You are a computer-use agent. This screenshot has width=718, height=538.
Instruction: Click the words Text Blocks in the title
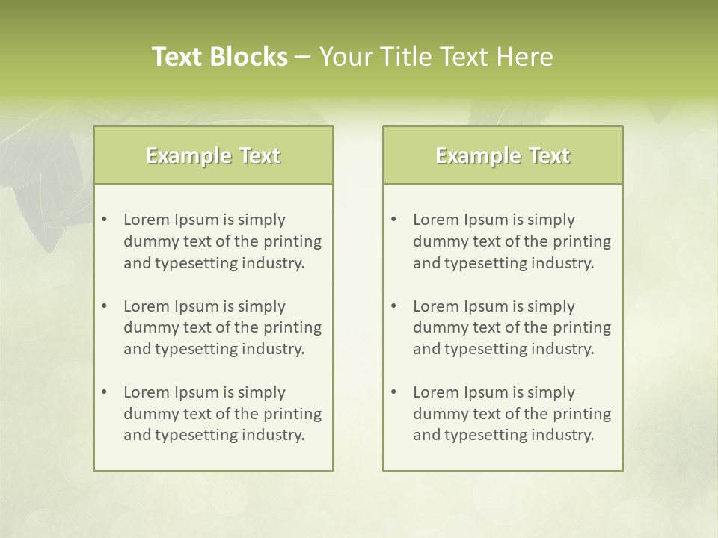point(219,57)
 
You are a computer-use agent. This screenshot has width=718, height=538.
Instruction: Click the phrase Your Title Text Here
point(436,57)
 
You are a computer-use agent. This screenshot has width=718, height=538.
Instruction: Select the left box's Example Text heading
point(213,155)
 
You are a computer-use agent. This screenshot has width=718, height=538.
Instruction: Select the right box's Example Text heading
point(503,155)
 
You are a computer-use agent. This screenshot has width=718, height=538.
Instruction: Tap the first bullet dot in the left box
point(105,220)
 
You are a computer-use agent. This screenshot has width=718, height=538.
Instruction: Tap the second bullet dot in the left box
point(105,306)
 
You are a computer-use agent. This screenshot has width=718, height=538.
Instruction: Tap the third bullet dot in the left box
point(105,392)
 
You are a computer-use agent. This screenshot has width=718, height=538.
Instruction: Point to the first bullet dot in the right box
point(394,220)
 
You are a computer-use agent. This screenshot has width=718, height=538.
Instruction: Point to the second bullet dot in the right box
point(394,306)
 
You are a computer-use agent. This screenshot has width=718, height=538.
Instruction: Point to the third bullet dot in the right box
point(394,392)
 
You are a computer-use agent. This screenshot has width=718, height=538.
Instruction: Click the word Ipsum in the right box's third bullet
point(486,392)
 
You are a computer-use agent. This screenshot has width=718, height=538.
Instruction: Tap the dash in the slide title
point(303,58)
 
